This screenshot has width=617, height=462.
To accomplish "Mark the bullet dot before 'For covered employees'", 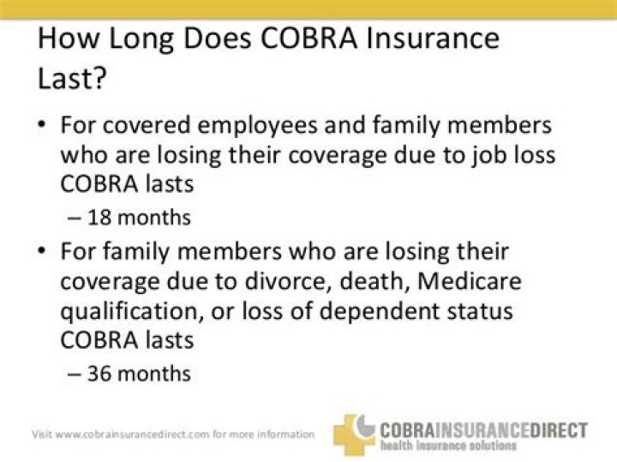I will click(42, 125).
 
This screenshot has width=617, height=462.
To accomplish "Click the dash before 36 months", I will click(74, 373).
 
